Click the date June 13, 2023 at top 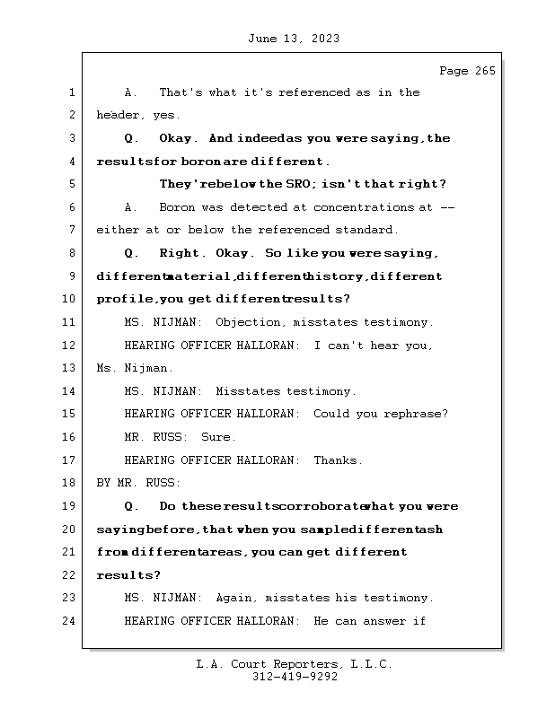click(x=293, y=39)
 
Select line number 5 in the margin click(x=72, y=185)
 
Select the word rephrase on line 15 click(x=416, y=414)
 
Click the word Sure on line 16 click(x=219, y=437)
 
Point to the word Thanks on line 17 click(x=339, y=460)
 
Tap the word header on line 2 click(x=117, y=116)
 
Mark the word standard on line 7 click(x=366, y=231)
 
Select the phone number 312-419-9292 click(x=295, y=678)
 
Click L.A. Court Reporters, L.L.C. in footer click(x=294, y=664)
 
